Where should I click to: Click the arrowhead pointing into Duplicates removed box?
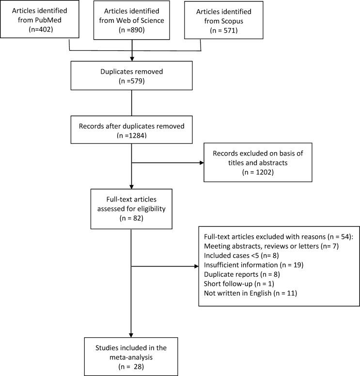[132, 58]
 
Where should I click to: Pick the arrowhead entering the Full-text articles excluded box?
[196, 266]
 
